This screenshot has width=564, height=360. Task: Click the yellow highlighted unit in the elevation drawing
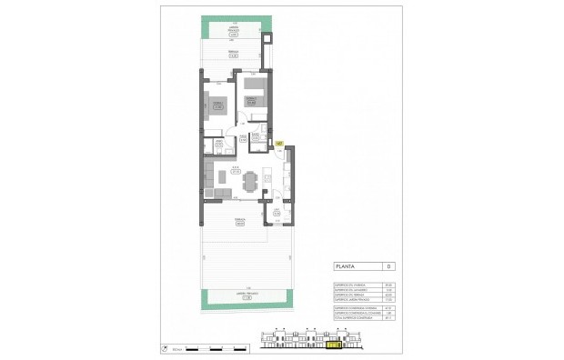[334, 345]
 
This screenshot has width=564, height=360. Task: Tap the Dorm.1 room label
[218, 107]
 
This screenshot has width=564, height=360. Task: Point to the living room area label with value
[234, 168]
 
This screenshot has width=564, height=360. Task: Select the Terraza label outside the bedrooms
[233, 55]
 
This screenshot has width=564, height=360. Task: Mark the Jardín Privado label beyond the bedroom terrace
[233, 32]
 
